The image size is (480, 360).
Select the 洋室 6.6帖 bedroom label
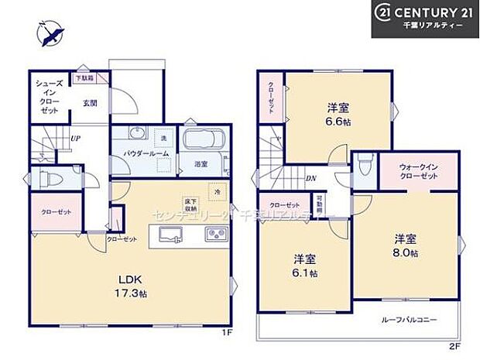click(x=336, y=115)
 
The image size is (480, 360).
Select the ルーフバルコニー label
click(x=408, y=319)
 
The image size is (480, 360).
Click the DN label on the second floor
click(x=310, y=178)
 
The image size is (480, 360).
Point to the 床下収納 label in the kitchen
click(x=189, y=204)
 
